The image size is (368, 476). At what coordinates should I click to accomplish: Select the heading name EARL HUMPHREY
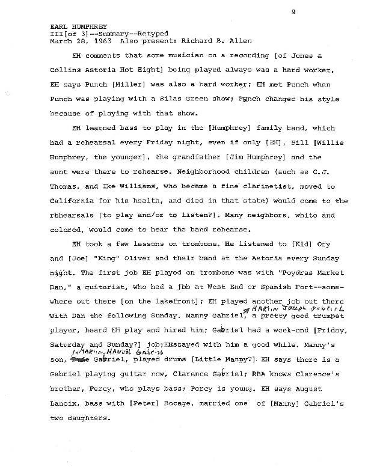(74, 26)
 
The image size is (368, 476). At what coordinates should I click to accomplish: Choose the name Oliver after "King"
(124, 244)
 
